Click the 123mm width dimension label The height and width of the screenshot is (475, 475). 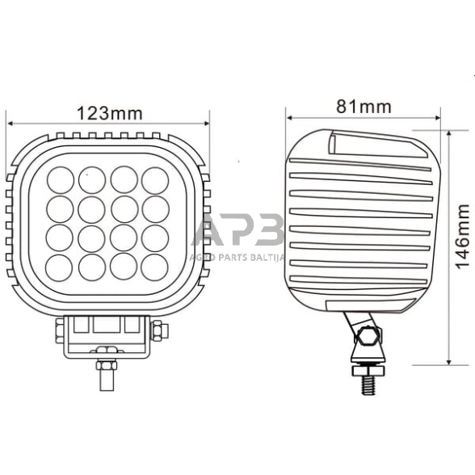(x=107, y=112)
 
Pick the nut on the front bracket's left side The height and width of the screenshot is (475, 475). (x=57, y=331)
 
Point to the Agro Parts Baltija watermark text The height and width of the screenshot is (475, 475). (x=239, y=257)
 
